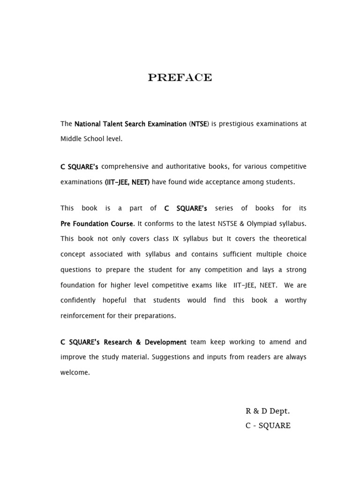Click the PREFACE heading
coord(180,78)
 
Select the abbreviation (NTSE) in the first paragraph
coord(199,124)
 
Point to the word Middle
coord(70,139)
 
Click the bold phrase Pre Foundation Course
coord(97,224)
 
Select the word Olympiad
coord(261,224)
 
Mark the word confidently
coord(78,300)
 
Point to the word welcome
coord(75,373)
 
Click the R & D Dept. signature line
coord(268,411)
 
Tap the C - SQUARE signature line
coord(268,426)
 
